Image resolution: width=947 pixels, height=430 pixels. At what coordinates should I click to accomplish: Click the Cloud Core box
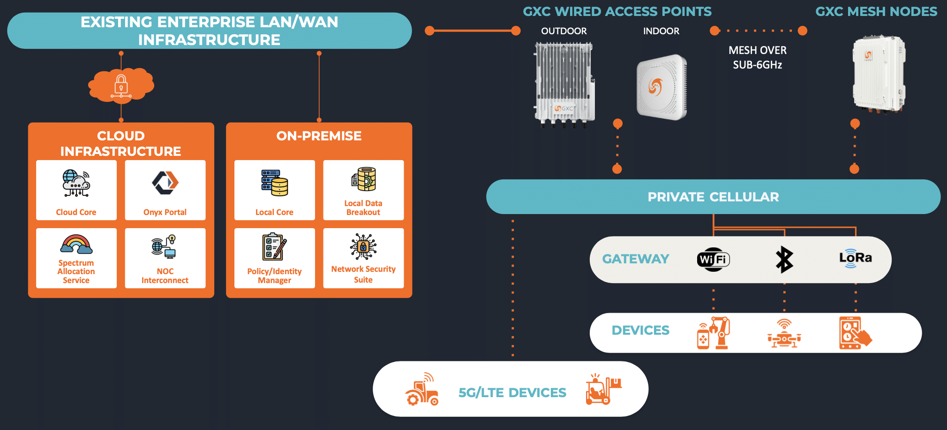click(76, 190)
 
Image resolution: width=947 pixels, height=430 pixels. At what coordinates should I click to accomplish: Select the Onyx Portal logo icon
click(165, 182)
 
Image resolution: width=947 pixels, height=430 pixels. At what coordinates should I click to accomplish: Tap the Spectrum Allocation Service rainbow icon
click(76, 245)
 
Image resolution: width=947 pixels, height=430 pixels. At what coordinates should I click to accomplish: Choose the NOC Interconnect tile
click(165, 258)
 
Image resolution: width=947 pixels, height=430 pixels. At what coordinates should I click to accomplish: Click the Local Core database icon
click(275, 183)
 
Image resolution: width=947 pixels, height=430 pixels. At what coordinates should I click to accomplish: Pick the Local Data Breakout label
click(363, 208)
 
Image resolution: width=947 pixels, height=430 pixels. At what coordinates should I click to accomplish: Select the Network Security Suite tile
click(363, 258)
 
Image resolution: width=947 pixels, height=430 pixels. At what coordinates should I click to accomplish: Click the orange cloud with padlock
click(121, 85)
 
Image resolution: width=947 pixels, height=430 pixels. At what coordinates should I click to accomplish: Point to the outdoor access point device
click(565, 84)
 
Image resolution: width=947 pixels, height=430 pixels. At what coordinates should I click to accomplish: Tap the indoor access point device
click(661, 87)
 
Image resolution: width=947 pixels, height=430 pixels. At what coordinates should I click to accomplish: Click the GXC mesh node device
click(879, 74)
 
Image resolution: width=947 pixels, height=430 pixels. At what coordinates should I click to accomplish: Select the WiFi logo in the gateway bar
click(714, 260)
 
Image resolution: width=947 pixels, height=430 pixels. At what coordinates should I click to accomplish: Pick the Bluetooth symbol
click(784, 260)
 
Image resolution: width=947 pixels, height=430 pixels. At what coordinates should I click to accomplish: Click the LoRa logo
click(856, 258)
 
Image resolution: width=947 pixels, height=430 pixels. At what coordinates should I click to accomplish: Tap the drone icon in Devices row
click(784, 334)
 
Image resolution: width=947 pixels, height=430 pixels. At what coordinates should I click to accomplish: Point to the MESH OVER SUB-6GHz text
click(758, 57)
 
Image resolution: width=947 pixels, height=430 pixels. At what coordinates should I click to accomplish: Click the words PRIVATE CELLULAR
click(713, 197)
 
